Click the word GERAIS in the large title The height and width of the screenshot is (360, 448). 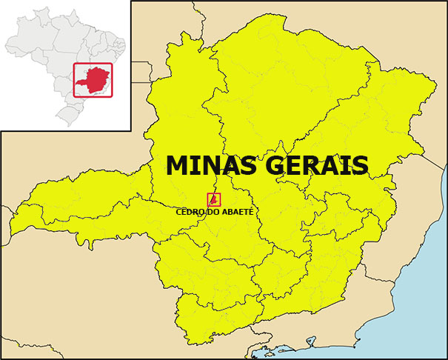tap(318, 165)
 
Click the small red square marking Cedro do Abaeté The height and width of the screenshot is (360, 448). tap(213, 199)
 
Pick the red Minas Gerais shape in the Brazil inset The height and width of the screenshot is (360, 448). tap(92, 80)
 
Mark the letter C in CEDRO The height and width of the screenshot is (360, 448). tap(179, 212)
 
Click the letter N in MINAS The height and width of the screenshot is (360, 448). tap(214, 165)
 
